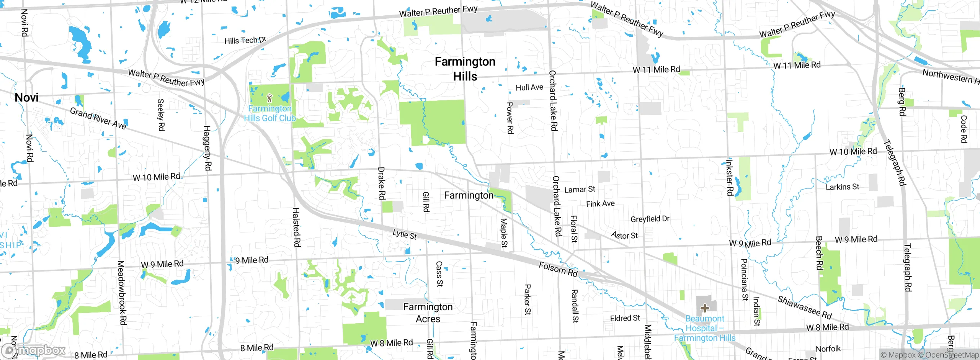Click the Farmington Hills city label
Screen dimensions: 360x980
pos(465,69)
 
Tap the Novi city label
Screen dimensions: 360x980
pos(26,98)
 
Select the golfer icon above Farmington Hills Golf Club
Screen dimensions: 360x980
pos(269,98)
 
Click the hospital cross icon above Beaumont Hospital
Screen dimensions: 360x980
pos(704,308)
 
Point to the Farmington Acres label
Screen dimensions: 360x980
pos(428,313)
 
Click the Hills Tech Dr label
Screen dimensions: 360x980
pos(245,40)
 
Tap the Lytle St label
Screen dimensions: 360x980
pos(405,234)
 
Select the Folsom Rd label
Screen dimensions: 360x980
pos(558,269)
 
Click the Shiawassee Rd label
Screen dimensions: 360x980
pos(804,308)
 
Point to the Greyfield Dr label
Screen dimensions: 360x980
pos(650,219)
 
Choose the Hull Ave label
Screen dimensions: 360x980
pos(529,88)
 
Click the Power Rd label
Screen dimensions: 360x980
pos(510,118)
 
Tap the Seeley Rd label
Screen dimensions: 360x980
pos(161,115)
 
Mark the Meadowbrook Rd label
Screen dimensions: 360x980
pos(122,293)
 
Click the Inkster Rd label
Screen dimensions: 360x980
pos(730,177)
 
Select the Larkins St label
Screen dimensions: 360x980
pos(842,187)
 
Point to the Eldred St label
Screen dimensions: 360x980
pos(625,318)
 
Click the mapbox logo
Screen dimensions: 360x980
pos(34,350)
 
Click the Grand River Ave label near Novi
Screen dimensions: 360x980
pos(98,118)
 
